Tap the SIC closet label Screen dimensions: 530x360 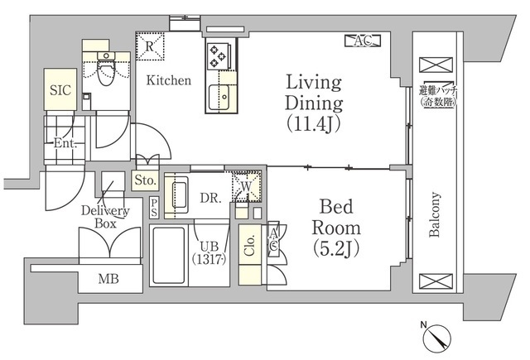pos(60,90)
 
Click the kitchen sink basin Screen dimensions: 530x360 pos(219,98)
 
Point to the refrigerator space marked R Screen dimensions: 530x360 pos(150,46)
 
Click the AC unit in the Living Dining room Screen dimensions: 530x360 pos(363,41)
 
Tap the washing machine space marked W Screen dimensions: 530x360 pos(247,186)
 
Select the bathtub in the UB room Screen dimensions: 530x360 pos(169,256)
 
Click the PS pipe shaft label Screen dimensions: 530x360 pos(154,208)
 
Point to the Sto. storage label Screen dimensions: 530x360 pos(145,180)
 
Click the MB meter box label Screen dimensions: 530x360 pos(108,279)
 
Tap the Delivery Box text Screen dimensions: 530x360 pos(105,217)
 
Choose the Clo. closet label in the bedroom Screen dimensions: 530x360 pos(249,245)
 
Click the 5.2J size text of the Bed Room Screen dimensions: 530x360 pos(335,248)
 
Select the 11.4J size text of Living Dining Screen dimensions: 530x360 pos(313,124)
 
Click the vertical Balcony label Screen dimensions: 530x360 pos(434,214)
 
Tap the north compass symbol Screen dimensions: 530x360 pos(436,338)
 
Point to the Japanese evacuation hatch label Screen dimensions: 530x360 pos(438,96)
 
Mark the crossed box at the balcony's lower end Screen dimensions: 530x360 pos(436,281)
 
